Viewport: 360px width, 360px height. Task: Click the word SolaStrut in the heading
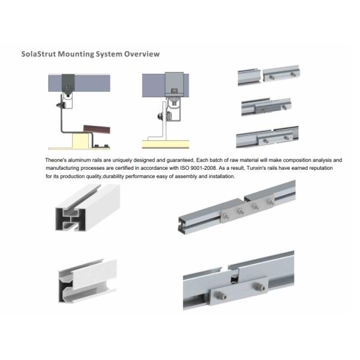tap(38, 54)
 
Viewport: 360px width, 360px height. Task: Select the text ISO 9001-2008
tap(198, 168)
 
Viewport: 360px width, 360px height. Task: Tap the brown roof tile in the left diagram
tap(97, 129)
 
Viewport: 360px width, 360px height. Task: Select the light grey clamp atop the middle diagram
tap(174, 85)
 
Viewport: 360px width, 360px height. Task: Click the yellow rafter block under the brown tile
tap(81, 141)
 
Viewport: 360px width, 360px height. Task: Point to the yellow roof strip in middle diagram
tap(166, 144)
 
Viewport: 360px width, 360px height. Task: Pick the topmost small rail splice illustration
tap(269, 75)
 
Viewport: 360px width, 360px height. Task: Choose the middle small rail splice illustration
tap(266, 107)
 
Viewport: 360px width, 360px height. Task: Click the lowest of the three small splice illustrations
tap(268, 137)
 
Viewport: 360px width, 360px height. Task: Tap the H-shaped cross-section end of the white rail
tap(70, 219)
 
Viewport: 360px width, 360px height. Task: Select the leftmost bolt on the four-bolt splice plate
tap(226, 216)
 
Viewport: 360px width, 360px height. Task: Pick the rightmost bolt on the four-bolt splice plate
tap(269, 202)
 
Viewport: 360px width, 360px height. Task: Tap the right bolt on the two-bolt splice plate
tap(259, 286)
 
